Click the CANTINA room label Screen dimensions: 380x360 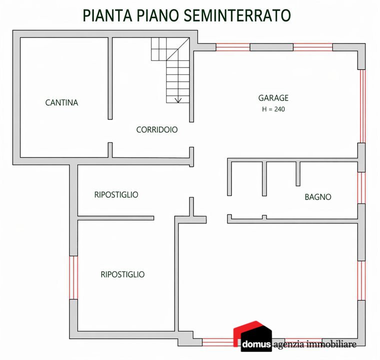click(61, 102)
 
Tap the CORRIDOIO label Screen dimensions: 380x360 click(157, 129)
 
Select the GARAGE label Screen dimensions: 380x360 click(273, 98)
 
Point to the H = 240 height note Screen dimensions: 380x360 click(273, 109)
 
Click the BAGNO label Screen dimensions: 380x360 click(318, 197)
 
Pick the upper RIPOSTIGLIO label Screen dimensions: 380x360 click(116, 194)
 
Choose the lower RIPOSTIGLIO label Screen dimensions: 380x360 click(122, 274)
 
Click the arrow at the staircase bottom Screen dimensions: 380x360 click(178, 99)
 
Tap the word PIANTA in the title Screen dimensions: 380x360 click(107, 15)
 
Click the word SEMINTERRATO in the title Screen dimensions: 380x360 click(237, 15)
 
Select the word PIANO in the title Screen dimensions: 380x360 click(158, 15)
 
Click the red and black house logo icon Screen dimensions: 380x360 click(252, 336)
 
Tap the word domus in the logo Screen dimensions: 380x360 click(256, 344)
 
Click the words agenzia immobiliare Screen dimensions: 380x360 click(315, 344)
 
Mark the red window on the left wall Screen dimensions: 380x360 click(73, 277)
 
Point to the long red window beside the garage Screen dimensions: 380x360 click(361, 106)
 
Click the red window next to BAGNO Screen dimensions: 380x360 click(361, 188)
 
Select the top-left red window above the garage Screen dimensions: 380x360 click(233, 47)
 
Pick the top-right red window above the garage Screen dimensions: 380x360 click(313, 47)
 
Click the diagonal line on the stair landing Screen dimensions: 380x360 click(177, 49)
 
